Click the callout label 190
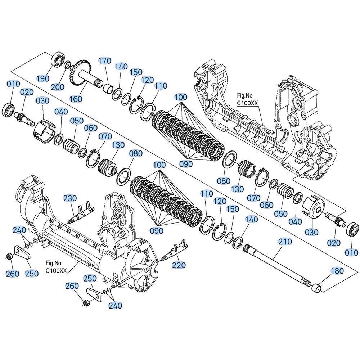pyautogui.click(x=43, y=78)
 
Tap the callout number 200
pyautogui.click(x=57, y=87)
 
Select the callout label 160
pyautogui.click(x=76, y=99)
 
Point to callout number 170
pyautogui.click(x=105, y=61)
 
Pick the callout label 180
pyautogui.click(x=337, y=271)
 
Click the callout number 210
pyautogui.click(x=285, y=242)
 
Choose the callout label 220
pyautogui.click(x=179, y=265)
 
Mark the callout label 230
pyautogui.click(x=70, y=198)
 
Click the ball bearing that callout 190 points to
pyautogui.click(x=59, y=59)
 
